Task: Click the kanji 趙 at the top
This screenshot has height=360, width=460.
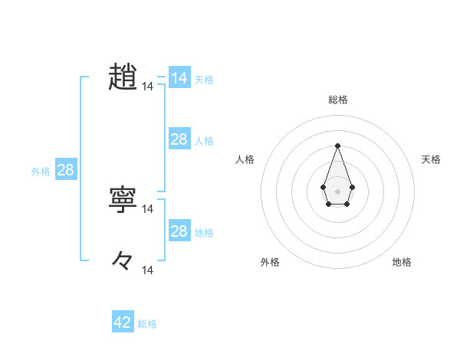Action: (x=123, y=77)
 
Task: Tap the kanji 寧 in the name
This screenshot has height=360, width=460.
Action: (x=123, y=199)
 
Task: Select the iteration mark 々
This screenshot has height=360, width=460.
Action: (x=123, y=260)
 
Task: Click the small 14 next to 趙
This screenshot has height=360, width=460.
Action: (x=148, y=87)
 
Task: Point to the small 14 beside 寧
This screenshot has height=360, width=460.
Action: (x=148, y=208)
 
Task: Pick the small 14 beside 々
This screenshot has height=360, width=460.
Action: (x=148, y=270)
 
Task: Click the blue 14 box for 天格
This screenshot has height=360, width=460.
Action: (x=179, y=78)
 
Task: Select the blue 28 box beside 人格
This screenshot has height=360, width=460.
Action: (x=179, y=139)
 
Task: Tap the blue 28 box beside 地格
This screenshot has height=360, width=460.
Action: (x=179, y=231)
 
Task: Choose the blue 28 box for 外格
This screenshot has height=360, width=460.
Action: (x=65, y=170)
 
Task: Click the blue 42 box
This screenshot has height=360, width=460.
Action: (x=123, y=322)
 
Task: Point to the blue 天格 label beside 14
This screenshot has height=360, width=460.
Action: (x=204, y=80)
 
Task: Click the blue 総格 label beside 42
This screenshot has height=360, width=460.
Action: (x=147, y=324)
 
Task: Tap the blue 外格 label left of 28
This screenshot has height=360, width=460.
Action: (x=41, y=172)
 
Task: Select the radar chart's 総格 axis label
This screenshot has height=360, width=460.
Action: (x=337, y=100)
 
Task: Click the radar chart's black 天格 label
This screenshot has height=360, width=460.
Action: (x=431, y=159)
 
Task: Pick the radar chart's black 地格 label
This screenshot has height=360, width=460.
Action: (x=402, y=262)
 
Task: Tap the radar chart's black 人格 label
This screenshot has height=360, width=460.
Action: (x=245, y=159)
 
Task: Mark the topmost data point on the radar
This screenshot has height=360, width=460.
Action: (x=337, y=146)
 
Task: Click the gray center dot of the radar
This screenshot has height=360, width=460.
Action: (x=337, y=190)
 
